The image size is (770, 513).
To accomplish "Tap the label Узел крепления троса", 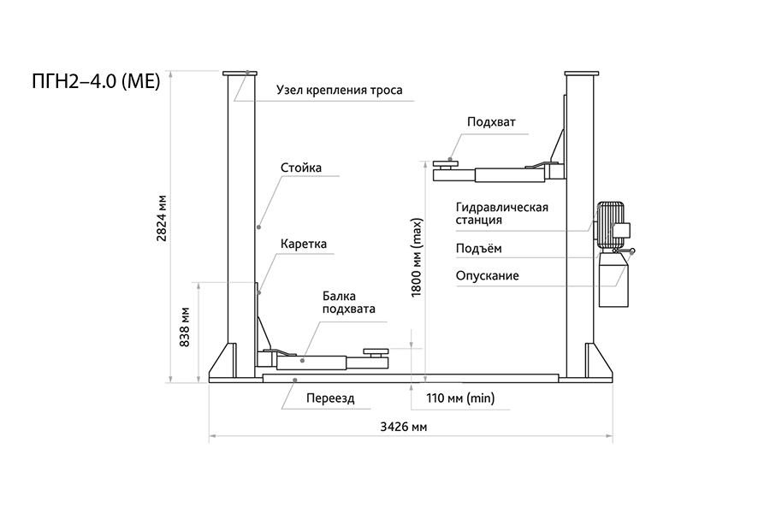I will point(339,90).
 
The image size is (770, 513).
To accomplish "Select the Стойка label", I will point(301,168).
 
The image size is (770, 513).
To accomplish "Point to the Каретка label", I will point(304,244).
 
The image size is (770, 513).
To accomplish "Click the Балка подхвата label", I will point(348,303).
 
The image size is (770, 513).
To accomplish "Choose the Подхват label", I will point(491,121).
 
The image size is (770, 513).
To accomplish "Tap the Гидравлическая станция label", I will point(501,214).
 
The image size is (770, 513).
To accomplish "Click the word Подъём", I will point(479,249).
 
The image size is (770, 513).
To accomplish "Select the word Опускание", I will point(488,275).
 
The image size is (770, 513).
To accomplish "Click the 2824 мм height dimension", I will point(162,224).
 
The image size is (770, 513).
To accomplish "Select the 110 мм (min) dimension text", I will point(459,398).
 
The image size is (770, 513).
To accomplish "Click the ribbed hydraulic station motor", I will point(610,225).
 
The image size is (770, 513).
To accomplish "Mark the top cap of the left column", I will point(241,74).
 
